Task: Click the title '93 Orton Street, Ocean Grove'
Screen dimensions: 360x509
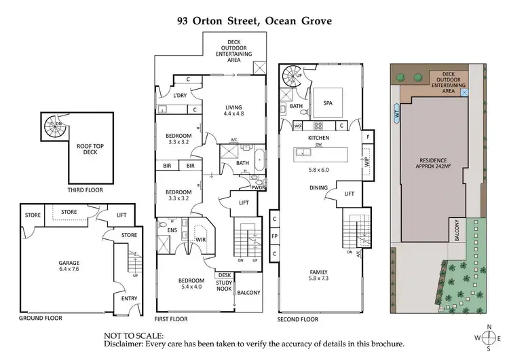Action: pyautogui.click(x=254, y=21)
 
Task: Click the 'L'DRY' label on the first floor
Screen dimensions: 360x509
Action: pyautogui.click(x=180, y=96)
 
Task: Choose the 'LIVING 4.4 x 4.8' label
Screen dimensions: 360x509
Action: pyautogui.click(x=234, y=110)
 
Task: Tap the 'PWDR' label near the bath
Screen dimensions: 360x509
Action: pyautogui.click(x=257, y=187)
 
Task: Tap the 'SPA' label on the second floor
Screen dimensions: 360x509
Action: pyautogui.click(x=328, y=103)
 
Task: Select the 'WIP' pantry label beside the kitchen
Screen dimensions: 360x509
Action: pyautogui.click(x=366, y=163)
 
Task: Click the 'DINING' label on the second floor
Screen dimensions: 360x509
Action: pyautogui.click(x=319, y=187)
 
